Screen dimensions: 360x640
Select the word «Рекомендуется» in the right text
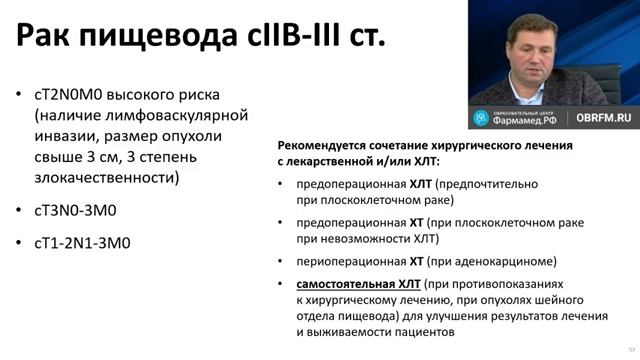click(x=323, y=145)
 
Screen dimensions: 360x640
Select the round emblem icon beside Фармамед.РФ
click(x=480, y=117)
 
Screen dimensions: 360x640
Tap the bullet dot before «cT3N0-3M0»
click(x=24, y=211)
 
